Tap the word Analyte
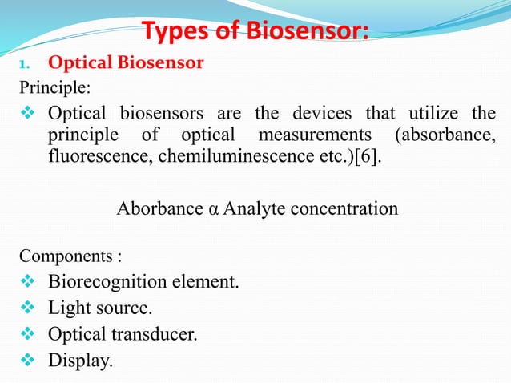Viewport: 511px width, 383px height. [253, 210]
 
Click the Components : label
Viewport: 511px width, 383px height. [71, 257]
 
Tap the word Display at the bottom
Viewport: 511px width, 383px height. [78, 361]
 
